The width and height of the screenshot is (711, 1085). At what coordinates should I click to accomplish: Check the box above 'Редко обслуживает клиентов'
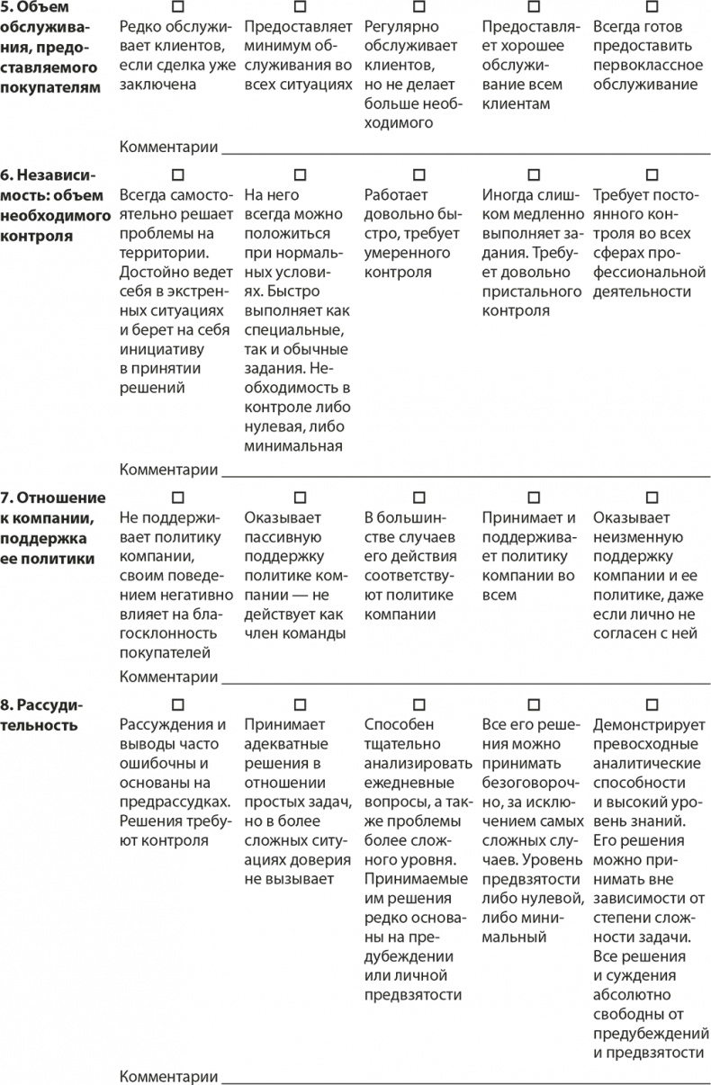click(x=176, y=6)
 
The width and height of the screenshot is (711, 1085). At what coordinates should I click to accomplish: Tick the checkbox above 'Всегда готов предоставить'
click(x=651, y=6)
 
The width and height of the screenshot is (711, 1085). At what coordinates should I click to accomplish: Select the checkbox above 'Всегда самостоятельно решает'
click(x=176, y=173)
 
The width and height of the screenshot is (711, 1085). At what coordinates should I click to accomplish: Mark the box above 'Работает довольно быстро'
click(x=418, y=173)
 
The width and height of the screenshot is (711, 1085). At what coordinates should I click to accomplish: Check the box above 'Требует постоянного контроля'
click(x=651, y=173)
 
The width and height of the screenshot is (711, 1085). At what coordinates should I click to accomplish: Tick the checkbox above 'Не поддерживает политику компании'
click(x=176, y=497)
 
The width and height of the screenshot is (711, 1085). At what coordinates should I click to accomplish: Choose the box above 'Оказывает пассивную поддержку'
click(x=300, y=497)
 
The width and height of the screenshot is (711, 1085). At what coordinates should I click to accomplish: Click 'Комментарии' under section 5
click(x=169, y=147)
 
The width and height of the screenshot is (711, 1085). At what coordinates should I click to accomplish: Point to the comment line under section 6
click(x=463, y=471)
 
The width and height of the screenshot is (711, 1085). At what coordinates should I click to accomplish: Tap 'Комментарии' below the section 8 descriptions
click(x=169, y=1076)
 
